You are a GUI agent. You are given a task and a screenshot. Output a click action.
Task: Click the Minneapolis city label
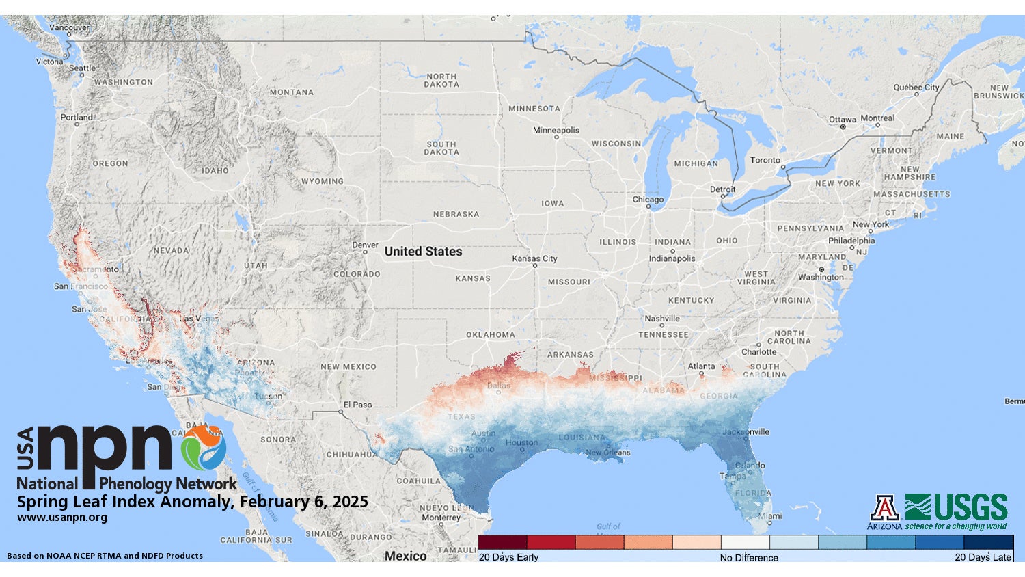tap(556, 130)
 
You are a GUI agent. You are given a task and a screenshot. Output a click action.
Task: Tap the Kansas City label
tap(534, 258)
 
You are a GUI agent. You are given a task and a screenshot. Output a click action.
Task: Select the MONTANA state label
tap(291, 92)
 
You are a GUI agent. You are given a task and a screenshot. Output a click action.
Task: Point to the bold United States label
tap(423, 252)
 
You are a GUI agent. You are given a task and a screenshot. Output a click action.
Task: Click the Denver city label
tap(365, 245)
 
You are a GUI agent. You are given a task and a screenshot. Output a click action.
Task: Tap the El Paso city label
tap(357, 405)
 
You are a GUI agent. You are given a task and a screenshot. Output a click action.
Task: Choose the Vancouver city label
tap(69, 28)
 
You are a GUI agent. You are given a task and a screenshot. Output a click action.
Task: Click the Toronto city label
tap(765, 160)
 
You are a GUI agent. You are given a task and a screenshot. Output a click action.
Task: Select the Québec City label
tap(916, 88)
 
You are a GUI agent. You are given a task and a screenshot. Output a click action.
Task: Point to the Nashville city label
tap(661, 319)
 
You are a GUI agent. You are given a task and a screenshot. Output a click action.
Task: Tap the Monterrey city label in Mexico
tap(441, 518)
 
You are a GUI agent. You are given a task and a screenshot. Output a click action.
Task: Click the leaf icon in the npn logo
tap(203, 448)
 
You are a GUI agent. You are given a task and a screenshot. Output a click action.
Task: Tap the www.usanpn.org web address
tap(61, 518)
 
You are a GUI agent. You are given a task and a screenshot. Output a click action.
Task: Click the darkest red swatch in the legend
tap(502, 542)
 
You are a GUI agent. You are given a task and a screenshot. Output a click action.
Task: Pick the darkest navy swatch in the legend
tap(988, 542)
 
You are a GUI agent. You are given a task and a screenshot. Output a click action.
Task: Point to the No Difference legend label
tap(748, 558)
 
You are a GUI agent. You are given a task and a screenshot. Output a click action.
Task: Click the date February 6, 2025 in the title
tap(303, 502)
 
